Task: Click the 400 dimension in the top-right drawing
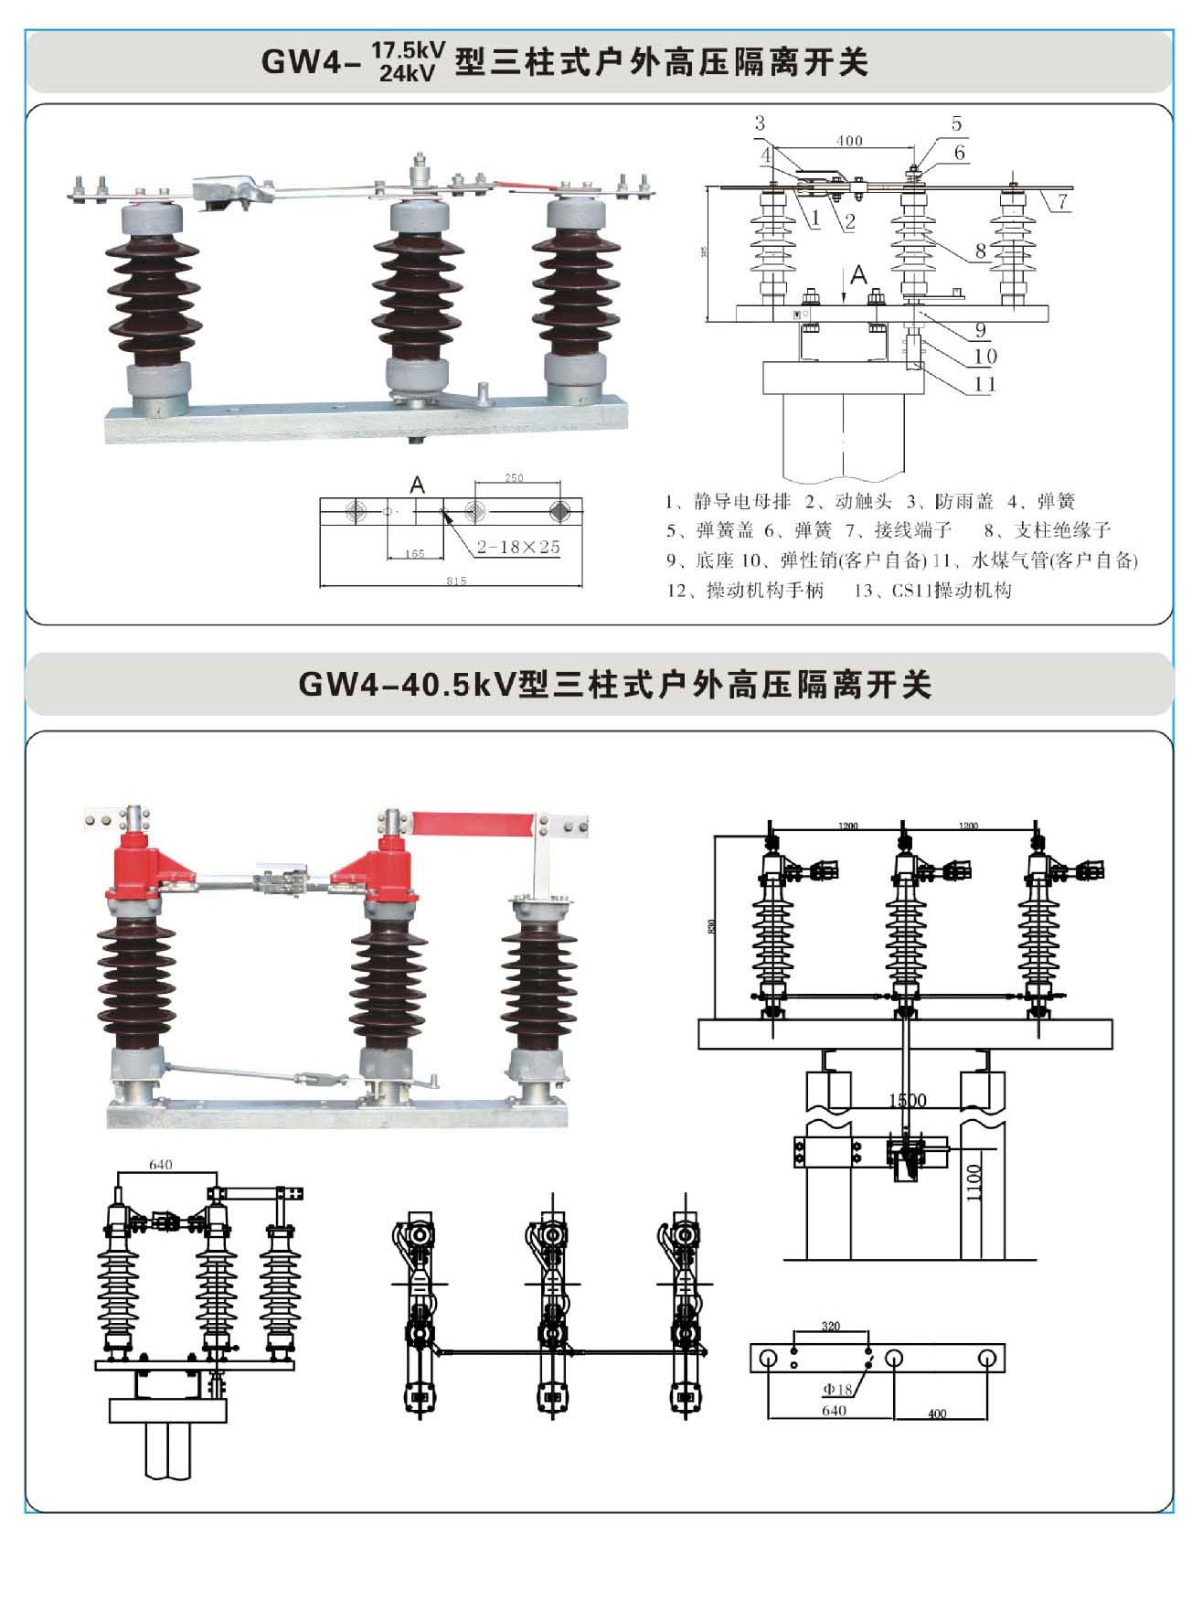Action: pos(849,141)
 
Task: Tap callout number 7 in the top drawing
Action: pos(1062,201)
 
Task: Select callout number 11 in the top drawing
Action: pos(984,384)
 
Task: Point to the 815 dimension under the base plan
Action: pos(456,581)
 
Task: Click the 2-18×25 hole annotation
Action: pos(517,547)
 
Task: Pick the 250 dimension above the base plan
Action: pos(514,478)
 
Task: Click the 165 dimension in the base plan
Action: pos(415,553)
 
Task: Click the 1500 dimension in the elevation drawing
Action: pos(908,1100)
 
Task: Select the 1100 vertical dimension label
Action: pos(974,1182)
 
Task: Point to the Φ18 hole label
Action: pos(837,1389)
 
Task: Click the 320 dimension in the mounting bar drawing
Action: pos(831,1326)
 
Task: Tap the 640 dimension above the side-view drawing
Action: pos(160,1165)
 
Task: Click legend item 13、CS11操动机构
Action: pos(932,591)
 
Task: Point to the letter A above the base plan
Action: pos(418,485)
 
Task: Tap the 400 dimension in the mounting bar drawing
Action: pos(937,1413)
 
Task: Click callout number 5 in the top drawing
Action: pos(956,123)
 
